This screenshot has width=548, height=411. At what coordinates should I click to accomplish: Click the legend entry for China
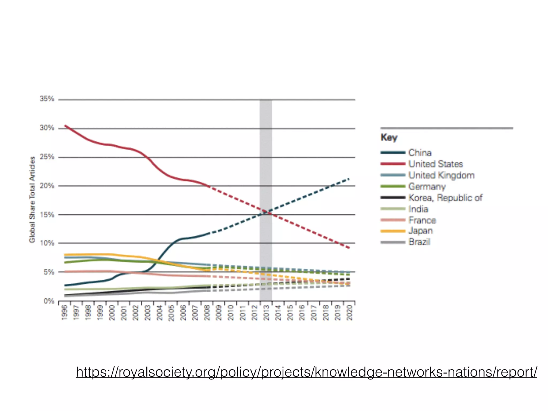420,153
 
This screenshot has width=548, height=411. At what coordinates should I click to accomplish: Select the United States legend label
435,164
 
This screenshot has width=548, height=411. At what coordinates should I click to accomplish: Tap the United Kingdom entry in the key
441,175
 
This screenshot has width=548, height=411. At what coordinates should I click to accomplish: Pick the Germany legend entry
427,187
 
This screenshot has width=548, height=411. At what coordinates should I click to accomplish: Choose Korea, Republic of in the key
445,198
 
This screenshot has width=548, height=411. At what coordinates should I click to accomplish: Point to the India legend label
418,209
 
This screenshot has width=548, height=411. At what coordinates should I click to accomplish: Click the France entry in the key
422,220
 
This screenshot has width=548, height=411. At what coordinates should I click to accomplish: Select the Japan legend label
420,231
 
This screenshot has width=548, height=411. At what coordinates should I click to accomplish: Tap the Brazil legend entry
419,242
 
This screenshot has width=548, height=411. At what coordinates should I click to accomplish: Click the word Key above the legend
389,137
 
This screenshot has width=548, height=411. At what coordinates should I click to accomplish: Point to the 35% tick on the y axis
47,99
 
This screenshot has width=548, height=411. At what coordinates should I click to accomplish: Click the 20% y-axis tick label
47,186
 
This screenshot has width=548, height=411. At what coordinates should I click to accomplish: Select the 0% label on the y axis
49,301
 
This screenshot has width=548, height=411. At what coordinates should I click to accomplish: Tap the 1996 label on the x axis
64,313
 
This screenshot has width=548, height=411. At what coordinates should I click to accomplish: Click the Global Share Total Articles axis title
32,200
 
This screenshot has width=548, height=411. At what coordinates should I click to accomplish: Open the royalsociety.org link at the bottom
306,372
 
